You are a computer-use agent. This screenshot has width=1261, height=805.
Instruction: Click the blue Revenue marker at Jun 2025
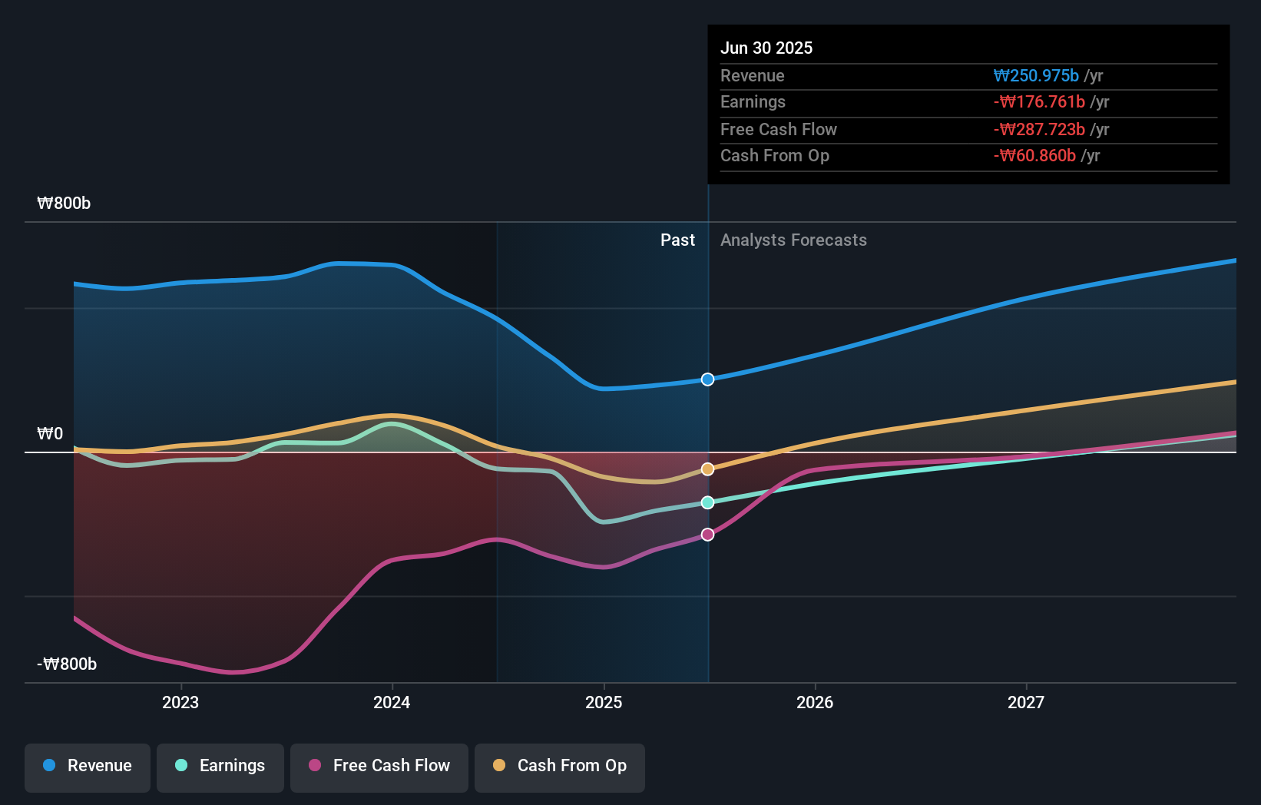point(707,379)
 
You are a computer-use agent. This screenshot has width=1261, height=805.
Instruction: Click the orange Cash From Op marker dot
point(707,469)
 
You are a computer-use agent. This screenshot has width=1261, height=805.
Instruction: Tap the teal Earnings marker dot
point(707,502)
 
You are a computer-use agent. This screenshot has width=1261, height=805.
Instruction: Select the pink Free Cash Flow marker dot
point(707,535)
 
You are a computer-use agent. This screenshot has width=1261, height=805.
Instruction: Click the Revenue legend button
point(88,766)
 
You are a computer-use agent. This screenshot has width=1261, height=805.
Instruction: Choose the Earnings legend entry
point(220,766)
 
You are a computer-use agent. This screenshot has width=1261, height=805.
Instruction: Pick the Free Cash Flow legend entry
point(379,766)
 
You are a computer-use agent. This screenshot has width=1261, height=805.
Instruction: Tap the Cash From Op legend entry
point(560,766)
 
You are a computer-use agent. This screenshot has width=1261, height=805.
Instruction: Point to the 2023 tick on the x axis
point(180,702)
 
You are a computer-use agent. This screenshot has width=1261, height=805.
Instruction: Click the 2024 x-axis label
point(392,702)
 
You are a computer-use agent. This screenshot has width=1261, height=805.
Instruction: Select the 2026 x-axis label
point(815,702)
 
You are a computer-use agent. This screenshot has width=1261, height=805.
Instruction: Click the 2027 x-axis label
point(1026,702)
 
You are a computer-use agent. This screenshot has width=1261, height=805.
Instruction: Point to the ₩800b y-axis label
point(64,204)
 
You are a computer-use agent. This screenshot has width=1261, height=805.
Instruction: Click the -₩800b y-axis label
point(67,664)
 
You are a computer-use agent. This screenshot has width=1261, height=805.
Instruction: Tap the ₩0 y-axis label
point(50,434)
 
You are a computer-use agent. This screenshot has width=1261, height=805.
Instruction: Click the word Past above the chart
point(677,240)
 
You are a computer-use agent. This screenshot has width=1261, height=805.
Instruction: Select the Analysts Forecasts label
point(793,240)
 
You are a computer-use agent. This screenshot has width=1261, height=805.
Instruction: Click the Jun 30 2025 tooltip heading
point(766,48)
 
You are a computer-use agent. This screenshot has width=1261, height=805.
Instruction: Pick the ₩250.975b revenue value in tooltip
point(1036,76)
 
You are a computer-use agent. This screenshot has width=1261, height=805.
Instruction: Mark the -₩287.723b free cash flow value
point(1039,130)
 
